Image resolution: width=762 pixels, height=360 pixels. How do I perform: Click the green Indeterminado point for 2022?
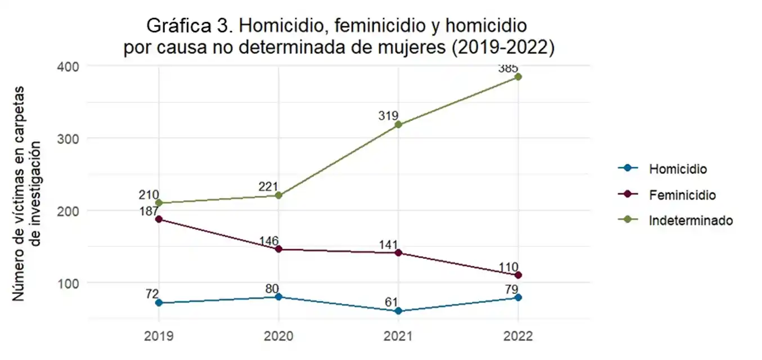click(x=518, y=76)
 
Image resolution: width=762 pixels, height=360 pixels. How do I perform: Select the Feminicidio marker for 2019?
click(x=159, y=219)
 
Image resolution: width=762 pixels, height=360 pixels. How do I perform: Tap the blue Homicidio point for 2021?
click(x=398, y=310)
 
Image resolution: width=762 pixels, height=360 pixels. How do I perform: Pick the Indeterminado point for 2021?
click(x=398, y=124)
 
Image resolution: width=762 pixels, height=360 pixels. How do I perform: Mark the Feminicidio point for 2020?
click(x=279, y=249)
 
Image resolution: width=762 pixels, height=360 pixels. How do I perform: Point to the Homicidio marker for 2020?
click(x=279, y=296)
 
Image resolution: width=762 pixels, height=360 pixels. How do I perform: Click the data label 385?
click(x=508, y=69)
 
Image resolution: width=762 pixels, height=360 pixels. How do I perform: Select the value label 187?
click(x=149, y=211)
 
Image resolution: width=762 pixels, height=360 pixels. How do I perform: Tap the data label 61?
click(x=391, y=302)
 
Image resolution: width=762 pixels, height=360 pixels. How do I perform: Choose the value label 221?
click(x=269, y=187)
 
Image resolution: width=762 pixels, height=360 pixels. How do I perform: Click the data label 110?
click(x=509, y=267)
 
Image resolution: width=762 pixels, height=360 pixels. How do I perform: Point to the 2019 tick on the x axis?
click(x=159, y=336)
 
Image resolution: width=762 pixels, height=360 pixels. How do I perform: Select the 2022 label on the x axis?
click(x=518, y=336)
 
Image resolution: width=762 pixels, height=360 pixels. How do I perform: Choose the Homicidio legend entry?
click(x=678, y=168)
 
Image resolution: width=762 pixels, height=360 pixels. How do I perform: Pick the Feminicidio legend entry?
click(x=682, y=195)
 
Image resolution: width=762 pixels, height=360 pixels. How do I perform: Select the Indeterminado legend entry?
click(x=691, y=220)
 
